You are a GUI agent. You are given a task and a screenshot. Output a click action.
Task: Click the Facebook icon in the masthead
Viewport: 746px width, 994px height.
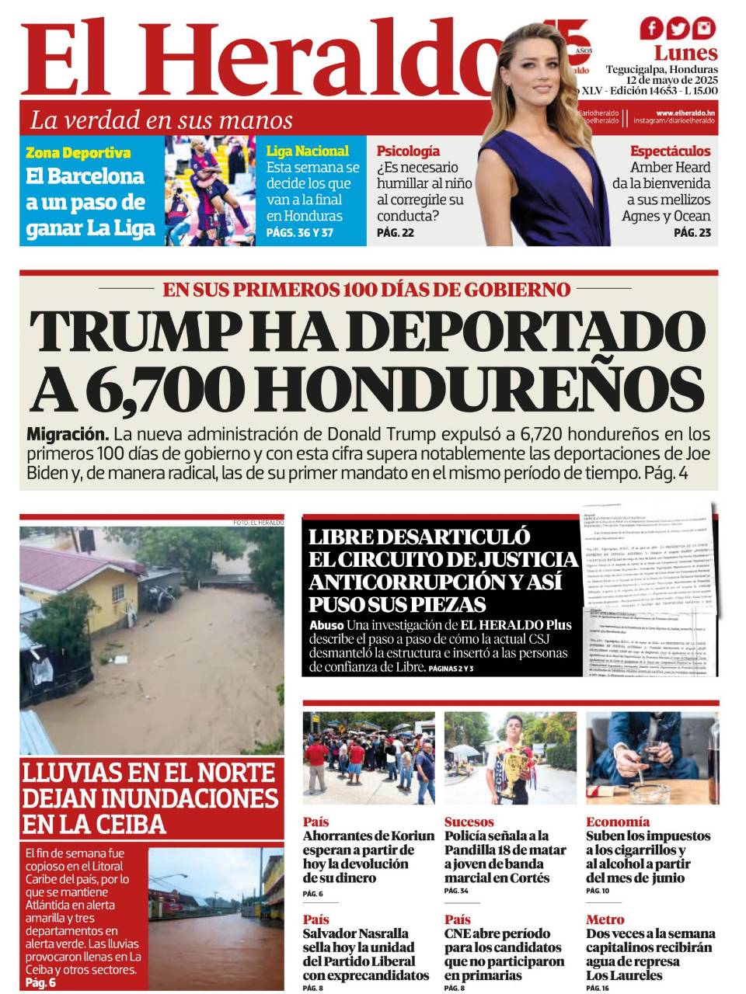pos(653,29)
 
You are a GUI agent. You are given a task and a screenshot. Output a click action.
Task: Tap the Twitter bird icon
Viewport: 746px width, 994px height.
pos(678,29)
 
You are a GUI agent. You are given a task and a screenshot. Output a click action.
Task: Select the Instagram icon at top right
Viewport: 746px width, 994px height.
pos(704,29)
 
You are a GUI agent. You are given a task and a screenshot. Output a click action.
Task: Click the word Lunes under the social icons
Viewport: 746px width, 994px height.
pos(685,53)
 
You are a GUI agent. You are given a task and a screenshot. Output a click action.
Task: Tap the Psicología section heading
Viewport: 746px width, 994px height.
pos(408,151)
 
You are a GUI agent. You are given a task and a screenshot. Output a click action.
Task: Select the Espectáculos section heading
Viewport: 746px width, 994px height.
pos(670,151)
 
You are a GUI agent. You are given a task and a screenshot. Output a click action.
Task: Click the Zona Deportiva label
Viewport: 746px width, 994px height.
pos(78,153)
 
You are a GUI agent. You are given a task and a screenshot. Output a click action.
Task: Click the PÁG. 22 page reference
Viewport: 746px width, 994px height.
pos(395,232)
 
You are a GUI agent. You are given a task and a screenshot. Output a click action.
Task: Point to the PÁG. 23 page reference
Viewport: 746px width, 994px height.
pos(692,232)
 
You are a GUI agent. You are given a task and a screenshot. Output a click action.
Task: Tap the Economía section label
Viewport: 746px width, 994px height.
pos(618,822)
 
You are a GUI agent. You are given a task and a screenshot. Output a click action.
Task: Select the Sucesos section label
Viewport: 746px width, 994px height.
pos(469,822)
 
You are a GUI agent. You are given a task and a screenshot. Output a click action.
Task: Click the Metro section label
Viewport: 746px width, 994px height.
pos(605,919)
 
